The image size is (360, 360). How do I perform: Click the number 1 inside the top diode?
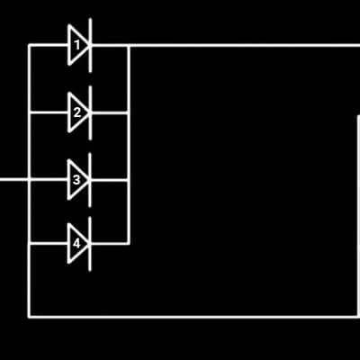coord(77,46)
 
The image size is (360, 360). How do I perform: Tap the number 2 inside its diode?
coord(77,112)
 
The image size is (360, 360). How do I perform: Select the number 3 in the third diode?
coord(76,180)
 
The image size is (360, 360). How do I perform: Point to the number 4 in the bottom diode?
coord(76,244)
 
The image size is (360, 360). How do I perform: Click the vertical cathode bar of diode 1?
coord(90,45)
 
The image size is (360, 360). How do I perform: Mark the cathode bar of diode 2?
coord(90,112)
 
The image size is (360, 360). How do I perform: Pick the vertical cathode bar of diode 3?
coord(90,180)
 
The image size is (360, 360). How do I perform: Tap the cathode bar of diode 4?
coord(90,244)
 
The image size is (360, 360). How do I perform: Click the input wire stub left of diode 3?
coord(14,180)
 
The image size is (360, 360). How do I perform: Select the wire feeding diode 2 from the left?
coord(49,112)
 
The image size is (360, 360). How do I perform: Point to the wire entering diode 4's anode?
coord(49,244)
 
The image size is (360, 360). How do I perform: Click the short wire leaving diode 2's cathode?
coord(109,112)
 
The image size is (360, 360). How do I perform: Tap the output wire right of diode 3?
coord(109,180)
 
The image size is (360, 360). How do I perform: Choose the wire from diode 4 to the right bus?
coord(109,244)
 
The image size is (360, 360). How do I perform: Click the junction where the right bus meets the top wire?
coord(129,46)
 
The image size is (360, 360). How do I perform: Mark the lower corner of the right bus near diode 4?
coord(129,244)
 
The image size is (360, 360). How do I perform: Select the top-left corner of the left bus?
coord(29,45)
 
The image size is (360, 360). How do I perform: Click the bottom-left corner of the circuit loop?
coord(29,316)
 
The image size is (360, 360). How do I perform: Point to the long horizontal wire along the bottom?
coord(194,316)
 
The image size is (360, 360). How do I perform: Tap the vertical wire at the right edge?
coord(358,215)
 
